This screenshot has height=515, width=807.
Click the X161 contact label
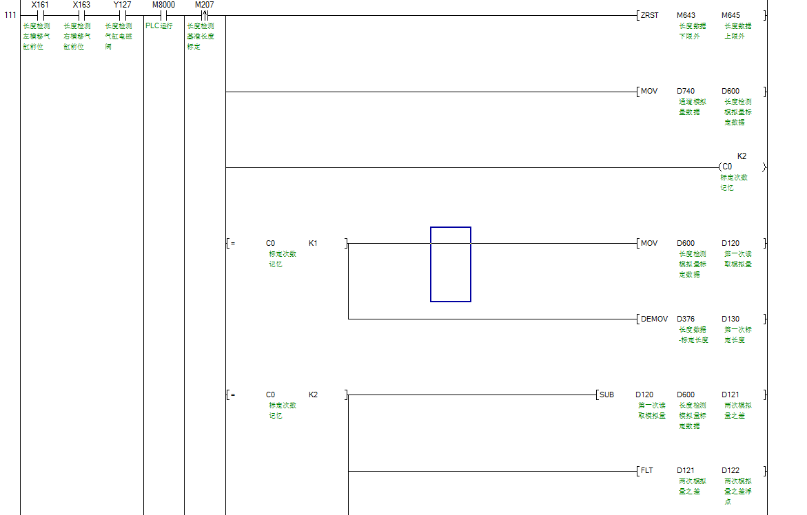pyautogui.click(x=40, y=5)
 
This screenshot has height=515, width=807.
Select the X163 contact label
pyautogui.click(x=81, y=5)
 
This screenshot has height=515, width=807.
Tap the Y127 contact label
pyautogui.click(x=122, y=5)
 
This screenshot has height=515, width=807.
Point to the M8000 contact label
pyautogui.click(x=163, y=5)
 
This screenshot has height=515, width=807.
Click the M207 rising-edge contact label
pyautogui.click(x=204, y=5)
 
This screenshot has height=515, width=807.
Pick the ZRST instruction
pyautogui.click(x=649, y=15)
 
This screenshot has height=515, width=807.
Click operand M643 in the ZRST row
pyautogui.click(x=686, y=15)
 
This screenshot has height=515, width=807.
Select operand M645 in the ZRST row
pyautogui.click(x=731, y=15)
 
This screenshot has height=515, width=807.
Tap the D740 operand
pyautogui.click(x=686, y=91)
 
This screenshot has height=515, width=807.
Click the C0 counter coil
pyautogui.click(x=727, y=167)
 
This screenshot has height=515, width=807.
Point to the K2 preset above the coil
pyautogui.click(x=742, y=156)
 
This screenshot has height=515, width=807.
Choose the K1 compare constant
pyautogui.click(x=313, y=243)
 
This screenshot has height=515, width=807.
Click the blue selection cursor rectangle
pyautogui.click(x=451, y=264)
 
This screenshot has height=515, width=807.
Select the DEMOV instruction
pyautogui.click(x=654, y=319)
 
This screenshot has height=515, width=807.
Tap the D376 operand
pyautogui.click(x=686, y=319)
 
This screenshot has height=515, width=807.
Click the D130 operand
pyautogui.click(x=731, y=319)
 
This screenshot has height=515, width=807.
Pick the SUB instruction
pyautogui.click(x=606, y=395)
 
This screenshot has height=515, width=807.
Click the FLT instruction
pyautogui.click(x=646, y=470)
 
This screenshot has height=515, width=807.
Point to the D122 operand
pyautogui.click(x=731, y=470)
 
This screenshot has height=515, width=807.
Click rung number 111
pyautogui.click(x=10, y=15)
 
